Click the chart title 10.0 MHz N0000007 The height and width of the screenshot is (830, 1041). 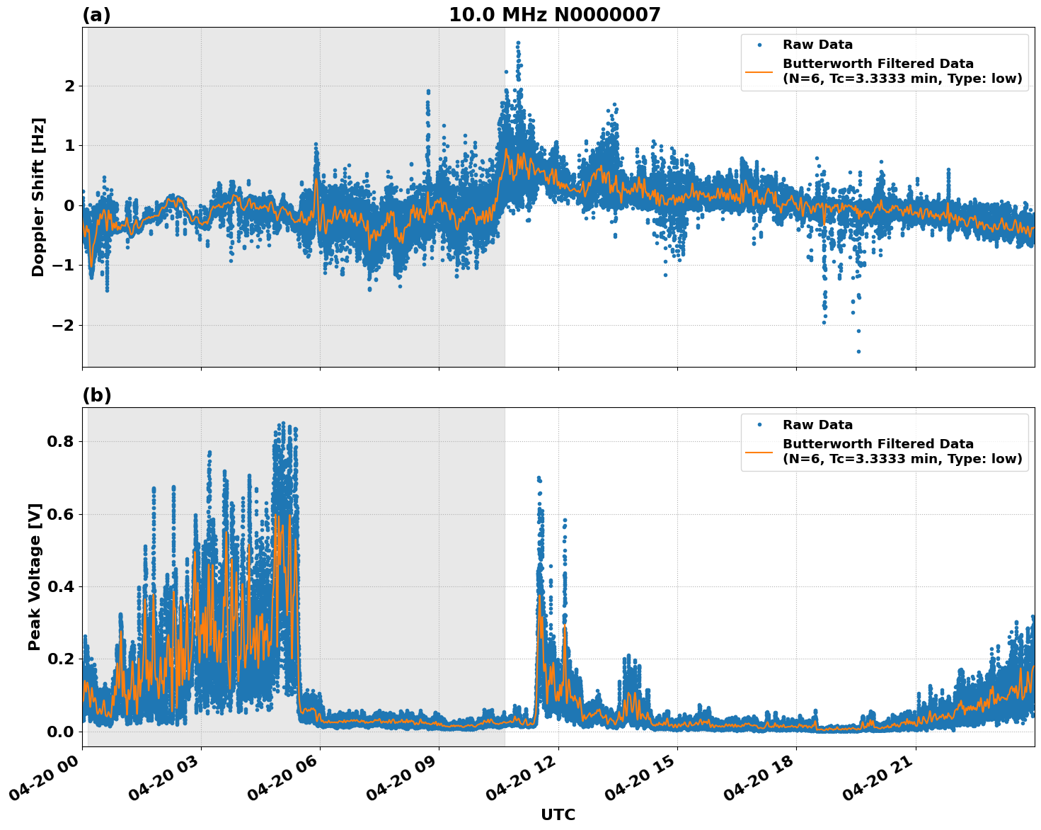[554, 15]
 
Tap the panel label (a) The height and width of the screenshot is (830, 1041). [96, 15]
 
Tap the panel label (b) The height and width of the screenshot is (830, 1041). [96, 395]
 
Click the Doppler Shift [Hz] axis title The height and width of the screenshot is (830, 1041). [38, 197]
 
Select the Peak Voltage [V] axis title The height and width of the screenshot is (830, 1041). [35, 576]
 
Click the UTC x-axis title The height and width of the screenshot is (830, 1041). [558, 814]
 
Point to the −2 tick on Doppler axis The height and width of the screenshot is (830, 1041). [59, 325]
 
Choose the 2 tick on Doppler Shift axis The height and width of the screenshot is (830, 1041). [69, 86]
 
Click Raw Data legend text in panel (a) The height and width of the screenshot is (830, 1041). [817, 45]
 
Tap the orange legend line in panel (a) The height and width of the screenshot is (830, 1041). [759, 71]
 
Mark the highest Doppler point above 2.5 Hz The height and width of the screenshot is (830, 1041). [518, 43]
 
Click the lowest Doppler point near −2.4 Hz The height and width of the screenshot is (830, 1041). [858, 351]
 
